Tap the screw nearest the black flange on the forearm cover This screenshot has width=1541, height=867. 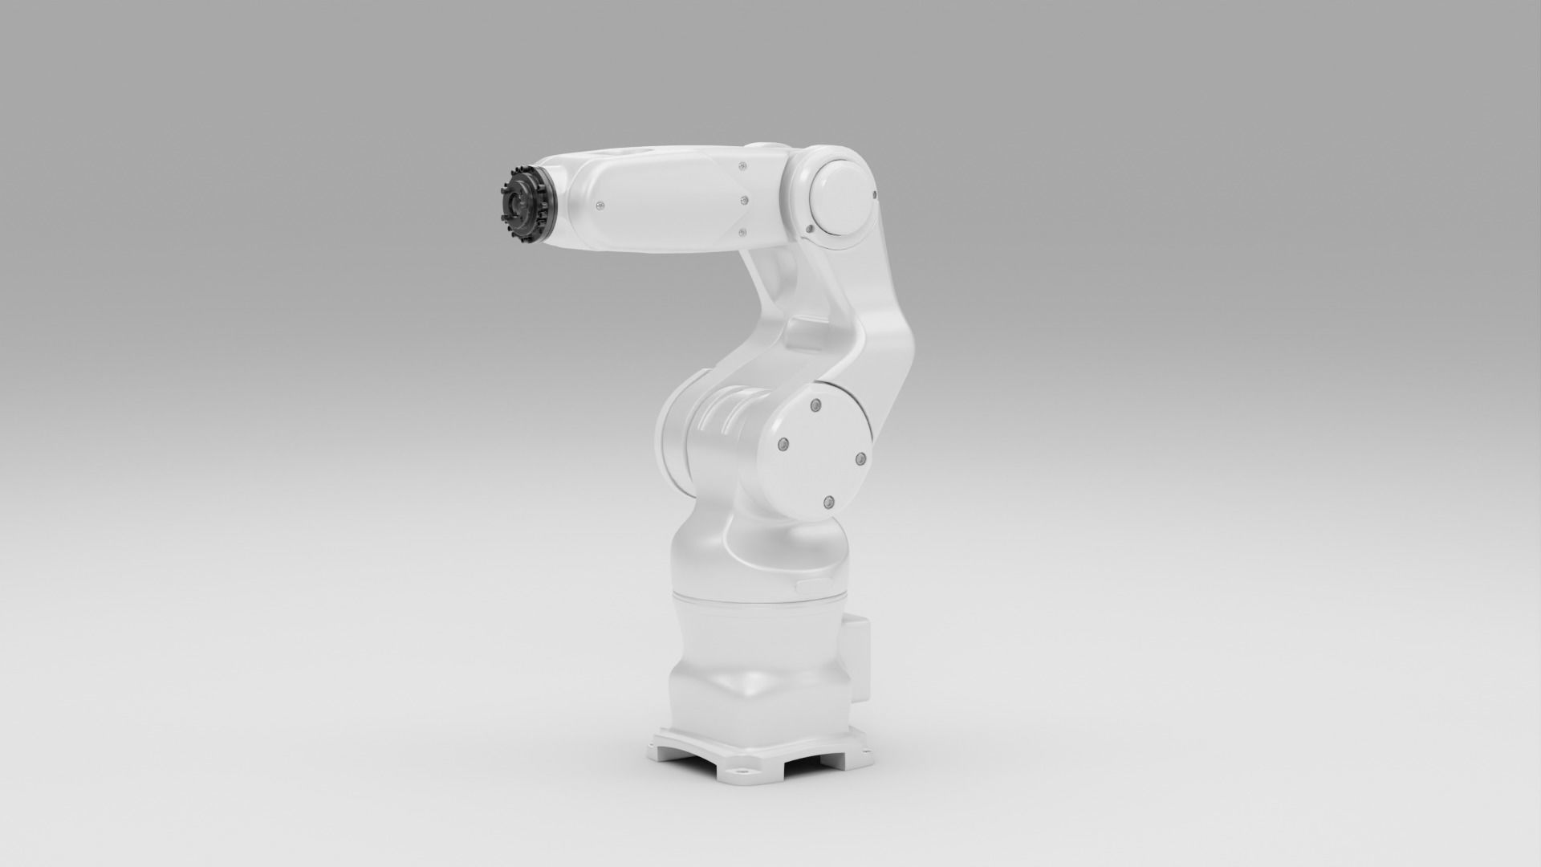(x=599, y=206)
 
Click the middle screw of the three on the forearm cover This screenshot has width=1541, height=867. (x=745, y=199)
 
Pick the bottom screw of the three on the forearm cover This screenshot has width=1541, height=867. (x=741, y=233)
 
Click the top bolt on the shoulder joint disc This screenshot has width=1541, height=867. (x=815, y=404)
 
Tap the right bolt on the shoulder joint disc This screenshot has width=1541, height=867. (x=859, y=458)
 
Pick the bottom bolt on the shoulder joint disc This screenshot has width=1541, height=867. (x=827, y=502)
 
